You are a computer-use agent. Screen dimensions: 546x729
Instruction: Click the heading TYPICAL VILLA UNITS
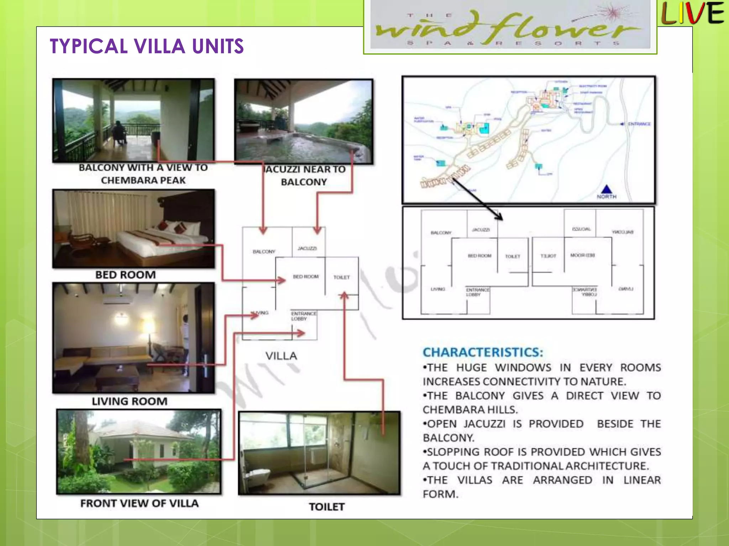pos(147,46)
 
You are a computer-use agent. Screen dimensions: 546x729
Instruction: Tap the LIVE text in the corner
pos(692,14)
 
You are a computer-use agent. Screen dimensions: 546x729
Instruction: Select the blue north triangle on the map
pos(607,189)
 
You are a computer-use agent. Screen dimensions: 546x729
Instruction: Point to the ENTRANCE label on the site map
pos(639,124)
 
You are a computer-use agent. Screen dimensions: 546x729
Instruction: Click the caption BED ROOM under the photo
pos(125,275)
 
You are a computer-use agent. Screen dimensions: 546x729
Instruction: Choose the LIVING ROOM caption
pos(130,401)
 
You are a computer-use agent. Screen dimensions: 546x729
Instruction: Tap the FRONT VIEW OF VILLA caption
pos(139,503)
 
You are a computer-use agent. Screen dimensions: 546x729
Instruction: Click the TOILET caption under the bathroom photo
pos(326,507)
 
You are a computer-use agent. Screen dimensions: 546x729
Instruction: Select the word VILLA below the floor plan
pos(281,356)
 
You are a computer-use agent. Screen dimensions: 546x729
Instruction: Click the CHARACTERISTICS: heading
pos(483,352)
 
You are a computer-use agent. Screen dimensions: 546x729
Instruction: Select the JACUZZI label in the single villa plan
pos(307,248)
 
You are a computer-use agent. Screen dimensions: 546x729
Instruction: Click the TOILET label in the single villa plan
pos(341,277)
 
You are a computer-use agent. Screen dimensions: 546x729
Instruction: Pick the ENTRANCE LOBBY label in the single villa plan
pos(303,316)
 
